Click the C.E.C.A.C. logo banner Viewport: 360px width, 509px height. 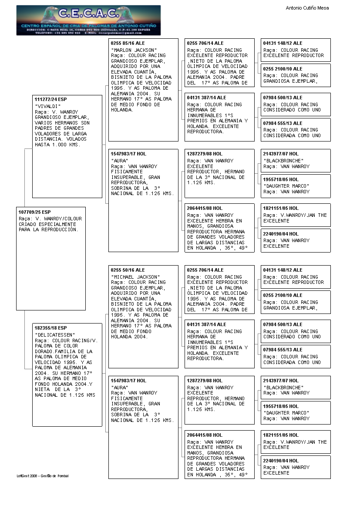coord(88,20)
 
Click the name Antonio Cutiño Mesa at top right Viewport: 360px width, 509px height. coord(307,8)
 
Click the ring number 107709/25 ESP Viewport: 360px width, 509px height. coord(34,212)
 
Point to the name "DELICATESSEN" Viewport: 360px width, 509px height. coord(54,335)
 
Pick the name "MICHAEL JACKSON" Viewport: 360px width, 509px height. coord(135,277)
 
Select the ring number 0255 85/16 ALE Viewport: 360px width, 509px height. coord(128,43)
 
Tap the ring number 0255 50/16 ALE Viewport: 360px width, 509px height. coord(128,270)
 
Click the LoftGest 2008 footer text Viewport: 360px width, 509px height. coord(43,476)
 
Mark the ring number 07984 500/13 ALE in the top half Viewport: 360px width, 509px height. coord(283,98)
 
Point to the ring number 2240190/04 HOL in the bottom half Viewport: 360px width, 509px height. coord(281,461)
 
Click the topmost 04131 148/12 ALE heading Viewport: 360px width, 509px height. coord(283,43)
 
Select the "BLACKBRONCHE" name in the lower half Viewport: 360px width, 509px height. coord(283,388)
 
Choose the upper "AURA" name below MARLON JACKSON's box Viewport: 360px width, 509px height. coord(118,161)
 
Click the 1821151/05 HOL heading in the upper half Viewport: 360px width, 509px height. coord(281,208)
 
